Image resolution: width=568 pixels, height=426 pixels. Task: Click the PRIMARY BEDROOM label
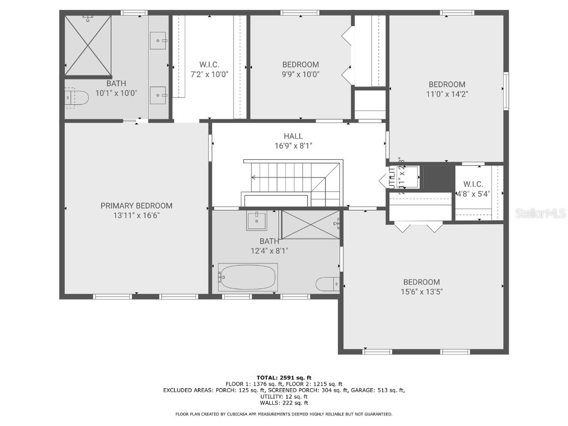coord(136,205)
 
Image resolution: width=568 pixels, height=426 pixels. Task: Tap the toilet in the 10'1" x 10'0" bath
coord(77,98)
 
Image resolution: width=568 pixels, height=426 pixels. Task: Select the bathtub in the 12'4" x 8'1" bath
coord(247,276)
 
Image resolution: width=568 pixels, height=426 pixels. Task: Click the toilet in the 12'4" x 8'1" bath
coord(327,284)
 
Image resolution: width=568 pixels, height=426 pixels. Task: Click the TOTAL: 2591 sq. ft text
coord(283,377)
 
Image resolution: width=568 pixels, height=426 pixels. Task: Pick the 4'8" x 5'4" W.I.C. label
coord(473,194)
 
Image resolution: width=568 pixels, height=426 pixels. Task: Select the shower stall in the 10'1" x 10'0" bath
coord(88,45)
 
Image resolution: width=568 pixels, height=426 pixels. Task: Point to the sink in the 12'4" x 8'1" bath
coord(256,220)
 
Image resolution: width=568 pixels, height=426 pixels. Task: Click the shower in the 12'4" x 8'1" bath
coord(311,224)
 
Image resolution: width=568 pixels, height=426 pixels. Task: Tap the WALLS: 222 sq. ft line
coord(283,403)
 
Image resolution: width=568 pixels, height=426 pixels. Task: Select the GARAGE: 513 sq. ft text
coord(382,390)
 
